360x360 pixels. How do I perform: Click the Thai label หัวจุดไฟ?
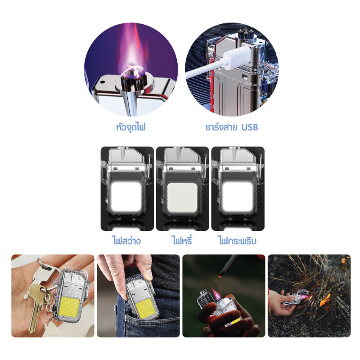pos(130,127)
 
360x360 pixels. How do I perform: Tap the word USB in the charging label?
pos(250,127)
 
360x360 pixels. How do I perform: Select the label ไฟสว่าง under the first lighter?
pos(126,240)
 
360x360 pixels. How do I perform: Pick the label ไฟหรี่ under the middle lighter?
pos(182,240)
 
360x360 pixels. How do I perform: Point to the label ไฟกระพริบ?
pos(237,241)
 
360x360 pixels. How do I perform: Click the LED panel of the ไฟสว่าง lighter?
pos(126,197)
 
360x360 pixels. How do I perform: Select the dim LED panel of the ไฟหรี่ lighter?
pos(182,198)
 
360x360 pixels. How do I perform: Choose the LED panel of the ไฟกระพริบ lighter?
pos(238,197)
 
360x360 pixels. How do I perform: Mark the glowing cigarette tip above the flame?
pos(221,274)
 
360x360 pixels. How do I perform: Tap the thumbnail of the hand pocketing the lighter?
pos(138,296)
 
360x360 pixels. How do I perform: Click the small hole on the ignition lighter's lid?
pos(103,82)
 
